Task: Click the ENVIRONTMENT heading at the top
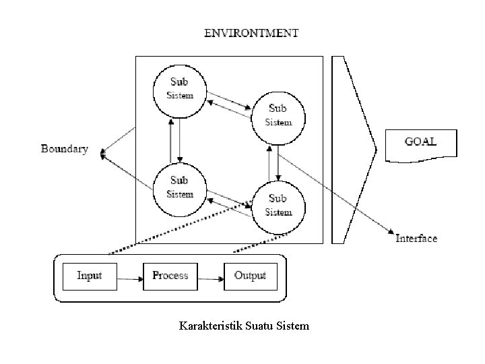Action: (251, 32)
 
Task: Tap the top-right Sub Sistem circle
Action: (278, 115)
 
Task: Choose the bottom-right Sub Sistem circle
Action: (278, 205)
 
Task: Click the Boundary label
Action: (65, 149)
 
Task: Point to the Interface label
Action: (416, 238)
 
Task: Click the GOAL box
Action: (420, 144)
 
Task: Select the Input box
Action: (90, 276)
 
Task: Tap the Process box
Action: (170, 276)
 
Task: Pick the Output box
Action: (250, 276)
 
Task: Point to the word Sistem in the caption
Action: (293, 326)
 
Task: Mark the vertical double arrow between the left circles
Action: (175, 140)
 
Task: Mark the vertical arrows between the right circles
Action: (273, 162)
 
